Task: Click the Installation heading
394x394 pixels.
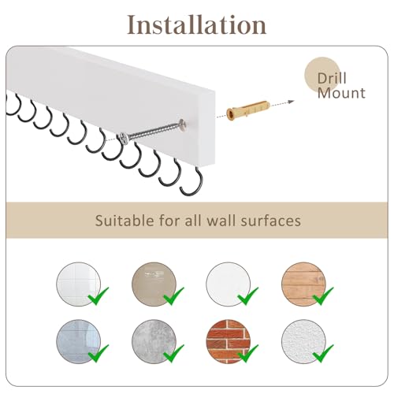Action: click(197, 24)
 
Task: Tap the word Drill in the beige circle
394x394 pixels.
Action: click(332, 78)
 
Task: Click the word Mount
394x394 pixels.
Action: click(341, 93)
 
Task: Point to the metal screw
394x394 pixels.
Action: click(153, 131)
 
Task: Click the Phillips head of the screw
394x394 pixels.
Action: click(124, 138)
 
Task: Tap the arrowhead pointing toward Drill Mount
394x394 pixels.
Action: click(291, 102)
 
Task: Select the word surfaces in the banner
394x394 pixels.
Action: click(271, 220)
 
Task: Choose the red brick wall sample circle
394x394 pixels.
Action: click(228, 341)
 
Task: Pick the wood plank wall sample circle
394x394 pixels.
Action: click(303, 284)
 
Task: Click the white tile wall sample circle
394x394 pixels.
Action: click(78, 284)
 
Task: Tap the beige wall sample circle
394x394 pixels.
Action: click(154, 284)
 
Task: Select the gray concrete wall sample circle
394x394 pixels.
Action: click(154, 341)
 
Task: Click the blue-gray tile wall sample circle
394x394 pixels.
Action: click(78, 341)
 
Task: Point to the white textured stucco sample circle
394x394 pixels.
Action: click(303, 341)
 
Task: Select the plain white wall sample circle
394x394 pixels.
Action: click(228, 284)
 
